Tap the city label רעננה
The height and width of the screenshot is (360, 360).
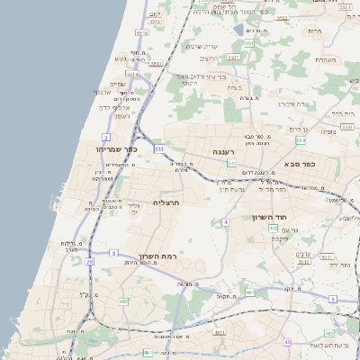click(223, 152)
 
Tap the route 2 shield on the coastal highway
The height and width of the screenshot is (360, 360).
click(106, 136)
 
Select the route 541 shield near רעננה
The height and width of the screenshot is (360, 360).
click(231, 164)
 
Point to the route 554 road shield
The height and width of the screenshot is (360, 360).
click(301, 140)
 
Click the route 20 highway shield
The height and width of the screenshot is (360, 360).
click(89, 262)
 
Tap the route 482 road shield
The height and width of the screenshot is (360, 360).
click(123, 301)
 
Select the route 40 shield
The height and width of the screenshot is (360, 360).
click(287, 342)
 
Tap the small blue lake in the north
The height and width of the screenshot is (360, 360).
click(249, 30)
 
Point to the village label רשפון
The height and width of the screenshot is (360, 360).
click(123, 115)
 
